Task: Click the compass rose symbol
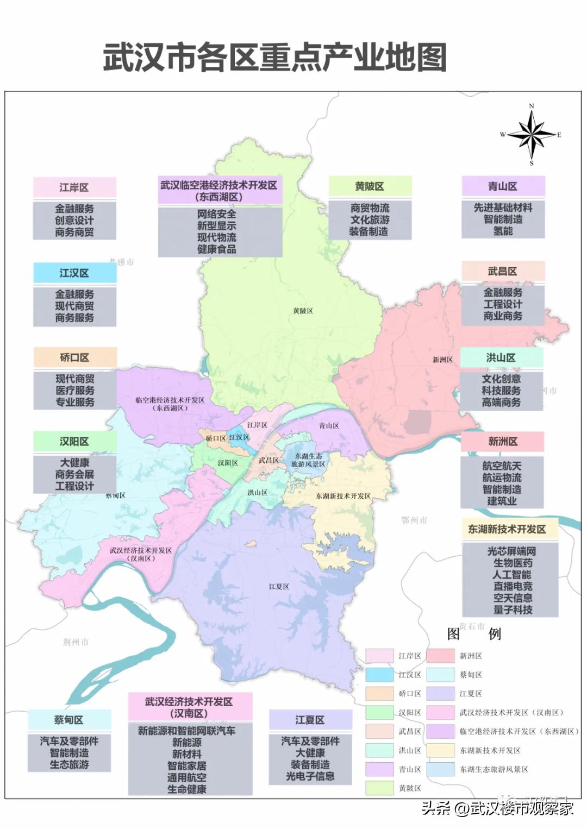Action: [x=531, y=134]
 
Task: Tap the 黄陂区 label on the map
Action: [x=303, y=311]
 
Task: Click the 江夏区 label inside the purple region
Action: [x=279, y=587]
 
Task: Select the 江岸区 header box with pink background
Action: [x=74, y=187]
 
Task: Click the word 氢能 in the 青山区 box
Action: [x=503, y=231]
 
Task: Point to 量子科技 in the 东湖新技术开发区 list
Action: [x=513, y=610]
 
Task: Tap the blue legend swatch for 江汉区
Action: [x=379, y=675]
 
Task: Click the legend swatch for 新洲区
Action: [x=440, y=656]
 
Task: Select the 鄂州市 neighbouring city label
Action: [x=414, y=520]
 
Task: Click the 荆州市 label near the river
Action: [x=76, y=642]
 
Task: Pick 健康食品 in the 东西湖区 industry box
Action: [x=216, y=249]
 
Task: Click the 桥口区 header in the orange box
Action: [x=74, y=357]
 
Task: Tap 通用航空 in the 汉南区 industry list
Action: [x=186, y=777]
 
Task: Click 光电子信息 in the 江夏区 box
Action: [x=310, y=776]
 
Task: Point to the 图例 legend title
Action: [x=474, y=634]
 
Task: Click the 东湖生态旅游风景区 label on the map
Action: [x=308, y=460]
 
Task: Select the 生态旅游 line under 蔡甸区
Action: [x=69, y=764]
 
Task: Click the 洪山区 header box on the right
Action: [x=501, y=357]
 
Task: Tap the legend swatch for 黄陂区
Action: [x=379, y=788]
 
